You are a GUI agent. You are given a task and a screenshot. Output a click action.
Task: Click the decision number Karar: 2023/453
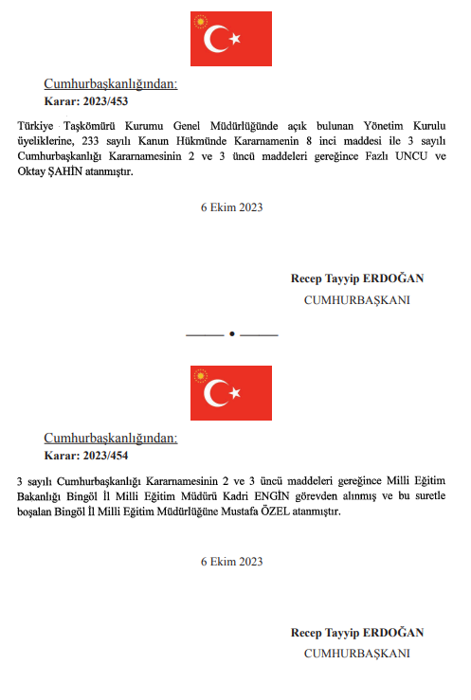click(86, 100)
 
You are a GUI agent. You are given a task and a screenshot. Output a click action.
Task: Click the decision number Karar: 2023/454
click(86, 455)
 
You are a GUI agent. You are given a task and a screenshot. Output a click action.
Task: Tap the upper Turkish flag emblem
click(231, 39)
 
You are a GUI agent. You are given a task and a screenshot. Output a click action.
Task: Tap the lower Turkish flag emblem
click(231, 393)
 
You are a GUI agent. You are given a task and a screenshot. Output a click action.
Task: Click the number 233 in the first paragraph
click(93, 139)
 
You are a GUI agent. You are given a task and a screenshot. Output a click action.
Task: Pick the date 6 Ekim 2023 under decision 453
click(231, 206)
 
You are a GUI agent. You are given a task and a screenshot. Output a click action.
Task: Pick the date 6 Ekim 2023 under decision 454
click(231, 562)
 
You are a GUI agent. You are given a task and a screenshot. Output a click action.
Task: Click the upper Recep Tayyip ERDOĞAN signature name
click(357, 278)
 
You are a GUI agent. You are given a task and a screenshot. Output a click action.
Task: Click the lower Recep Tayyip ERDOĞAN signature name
click(357, 633)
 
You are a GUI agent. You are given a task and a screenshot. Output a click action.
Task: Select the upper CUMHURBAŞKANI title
click(356, 299)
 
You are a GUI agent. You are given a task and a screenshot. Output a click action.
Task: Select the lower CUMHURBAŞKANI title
click(356, 654)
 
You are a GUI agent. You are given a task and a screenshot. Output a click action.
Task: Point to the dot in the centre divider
click(232, 335)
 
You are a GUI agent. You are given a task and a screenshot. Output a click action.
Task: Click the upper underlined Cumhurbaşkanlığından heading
click(111, 84)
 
